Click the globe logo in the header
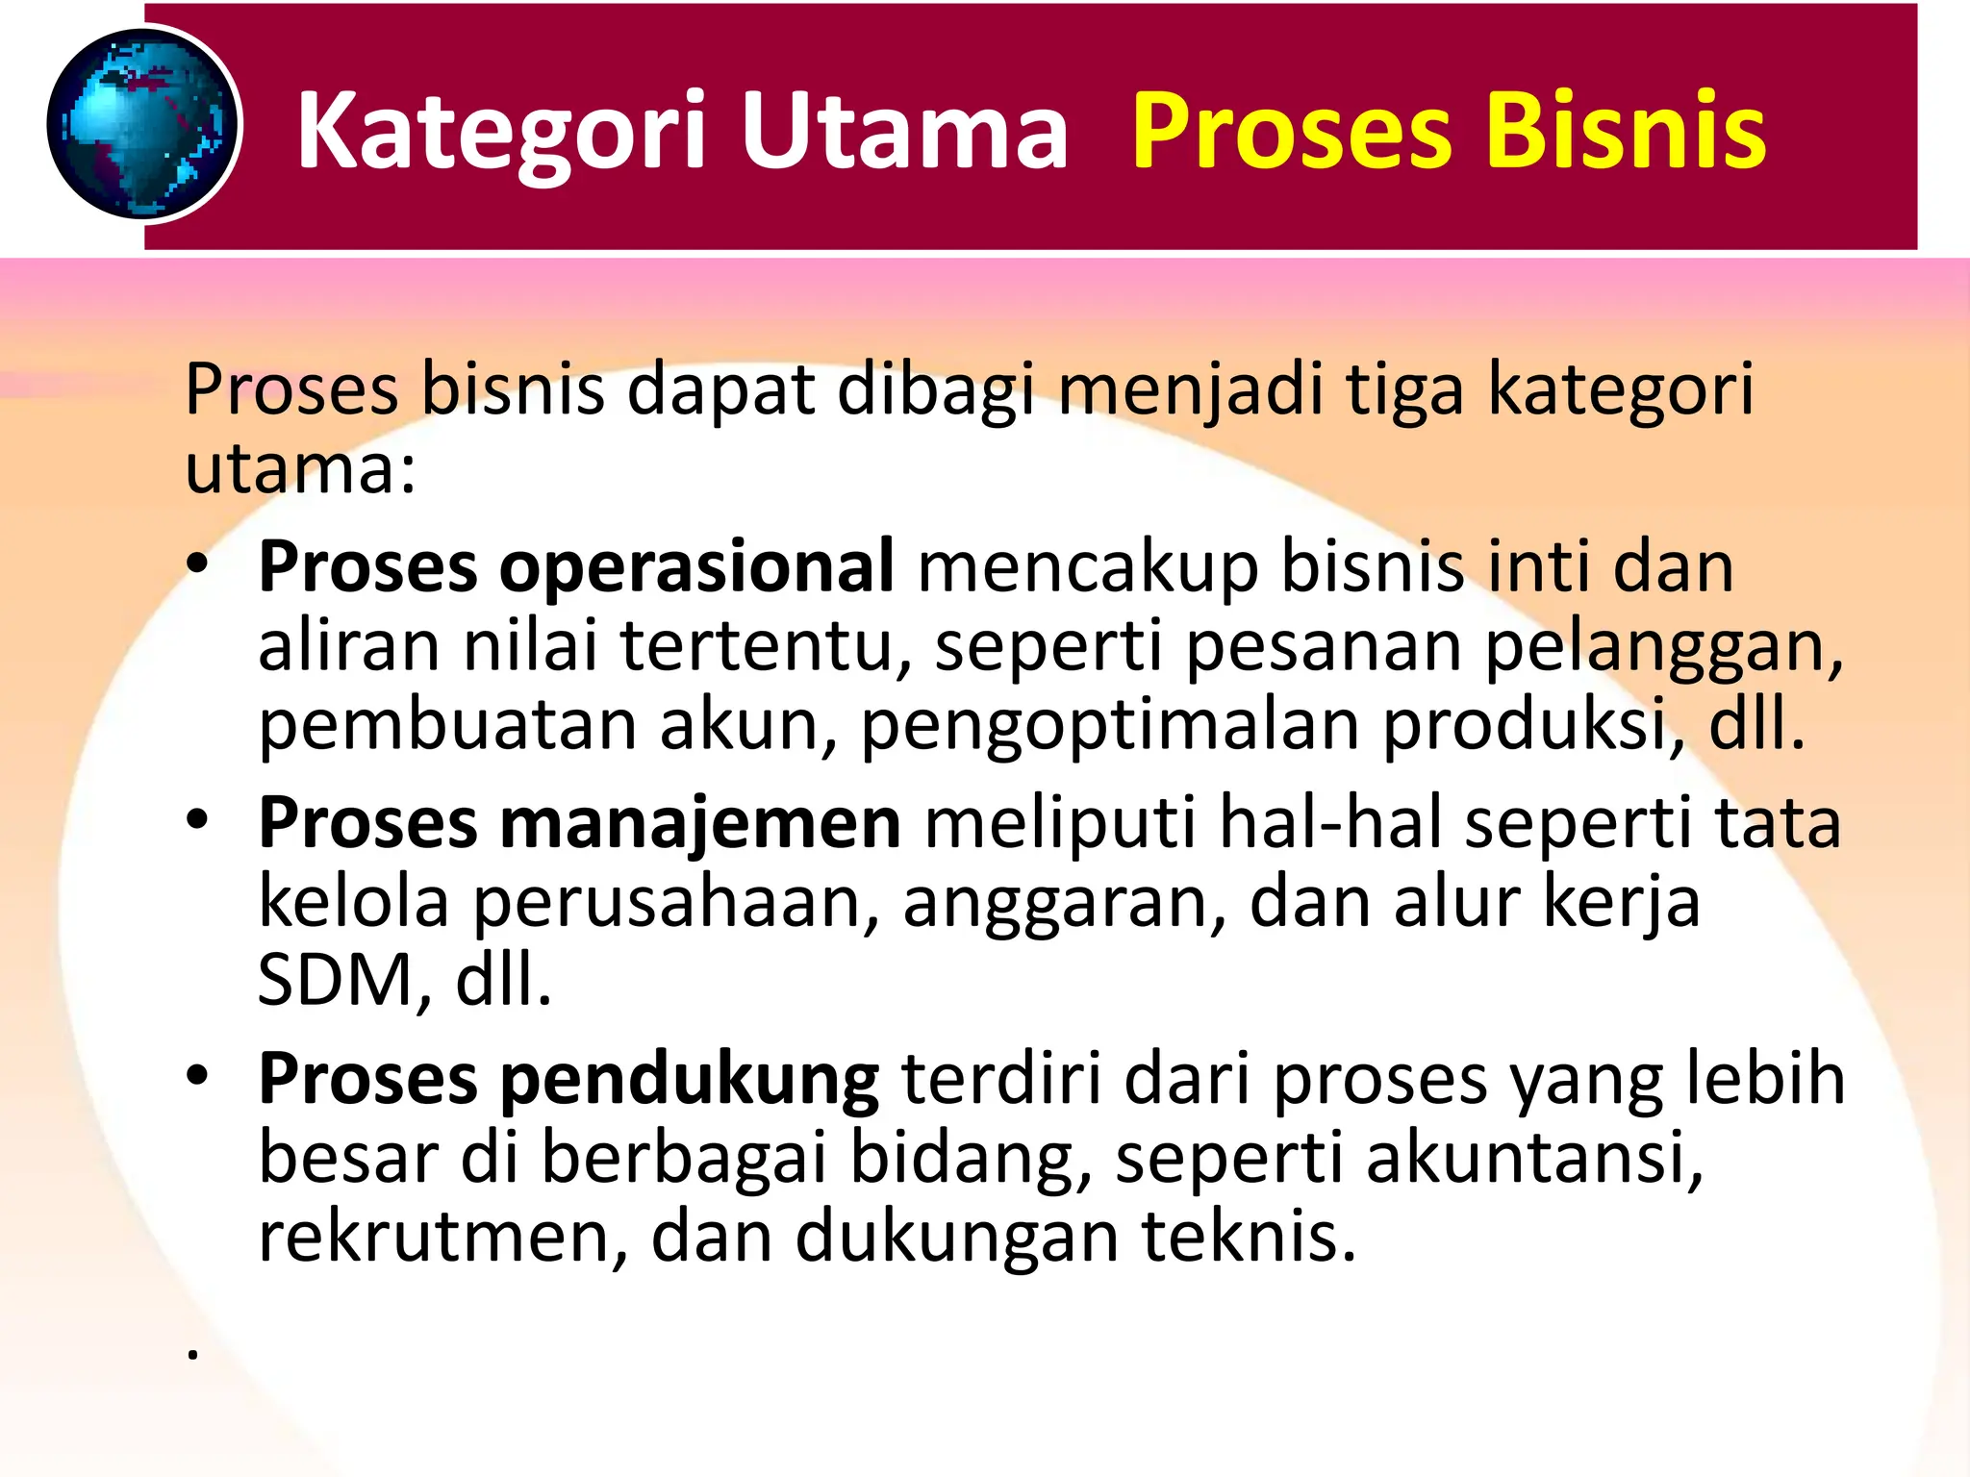[x=142, y=125]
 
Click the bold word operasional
[x=696, y=568]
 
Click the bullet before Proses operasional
[x=198, y=564]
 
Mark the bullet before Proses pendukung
[x=198, y=1076]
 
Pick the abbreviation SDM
[x=335, y=981]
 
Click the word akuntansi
[x=1533, y=1158]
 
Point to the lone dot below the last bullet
[x=193, y=1355]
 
